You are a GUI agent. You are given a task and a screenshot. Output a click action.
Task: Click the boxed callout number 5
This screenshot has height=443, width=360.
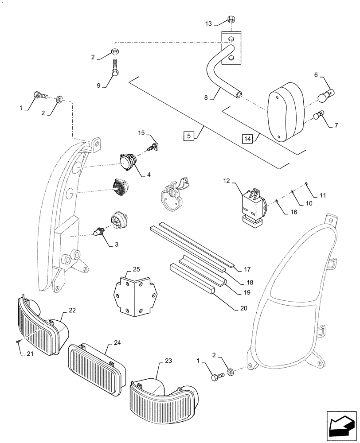188,136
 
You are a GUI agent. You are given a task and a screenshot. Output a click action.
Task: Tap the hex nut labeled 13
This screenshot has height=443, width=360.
231,19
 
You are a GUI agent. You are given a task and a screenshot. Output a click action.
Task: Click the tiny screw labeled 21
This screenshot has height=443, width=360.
17,341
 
